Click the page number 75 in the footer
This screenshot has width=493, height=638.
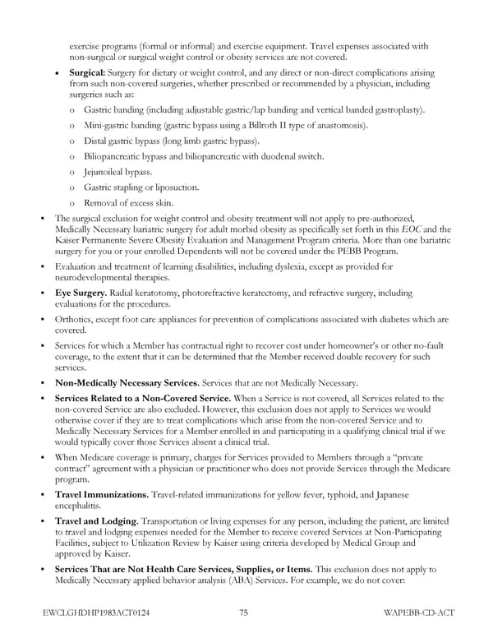point(244,613)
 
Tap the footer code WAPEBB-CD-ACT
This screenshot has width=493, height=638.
point(417,613)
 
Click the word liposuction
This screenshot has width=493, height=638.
point(174,187)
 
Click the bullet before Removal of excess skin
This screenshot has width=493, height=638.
point(73,203)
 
